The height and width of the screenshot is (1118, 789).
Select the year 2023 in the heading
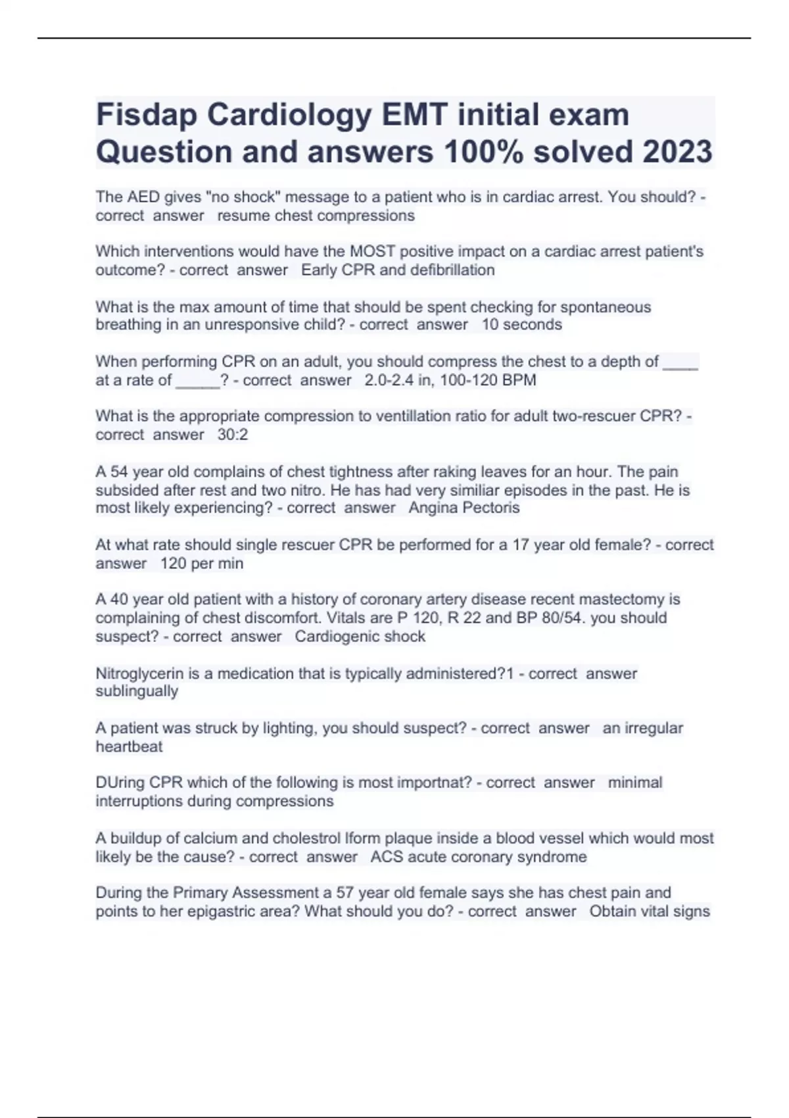677,152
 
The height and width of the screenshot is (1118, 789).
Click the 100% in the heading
484,152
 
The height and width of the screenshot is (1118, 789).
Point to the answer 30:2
233,435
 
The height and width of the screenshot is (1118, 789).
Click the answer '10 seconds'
521,325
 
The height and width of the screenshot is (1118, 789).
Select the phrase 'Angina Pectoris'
464,508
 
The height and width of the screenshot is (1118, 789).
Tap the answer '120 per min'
202,564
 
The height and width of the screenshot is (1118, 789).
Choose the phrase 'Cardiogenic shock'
360,637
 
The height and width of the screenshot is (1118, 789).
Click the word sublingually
137,691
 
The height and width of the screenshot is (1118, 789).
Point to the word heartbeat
129,746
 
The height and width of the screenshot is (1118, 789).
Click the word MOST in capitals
372,251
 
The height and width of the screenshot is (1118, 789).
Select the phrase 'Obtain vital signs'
650,911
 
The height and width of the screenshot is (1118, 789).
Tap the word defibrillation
452,270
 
